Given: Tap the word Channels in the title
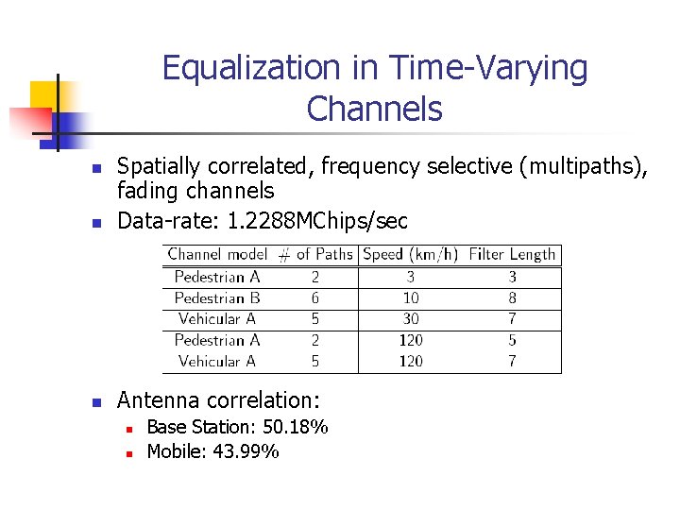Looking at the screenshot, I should pos(374,110).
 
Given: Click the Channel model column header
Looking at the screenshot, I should pos(217,254).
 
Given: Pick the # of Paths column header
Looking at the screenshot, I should pos(314,254).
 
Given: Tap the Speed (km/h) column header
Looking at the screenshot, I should pos(410,254).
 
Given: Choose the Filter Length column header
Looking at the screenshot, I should pos(513,254).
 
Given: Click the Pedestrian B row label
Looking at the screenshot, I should pos(217,297).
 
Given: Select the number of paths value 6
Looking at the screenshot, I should pos(314,297).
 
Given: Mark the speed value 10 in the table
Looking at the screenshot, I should pos(411,297).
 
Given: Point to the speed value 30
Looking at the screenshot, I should pos(411,319).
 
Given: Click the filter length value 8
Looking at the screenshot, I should pos(513,297).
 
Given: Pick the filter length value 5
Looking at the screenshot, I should pos(513,340).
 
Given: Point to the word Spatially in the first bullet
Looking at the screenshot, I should pos(158,167).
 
